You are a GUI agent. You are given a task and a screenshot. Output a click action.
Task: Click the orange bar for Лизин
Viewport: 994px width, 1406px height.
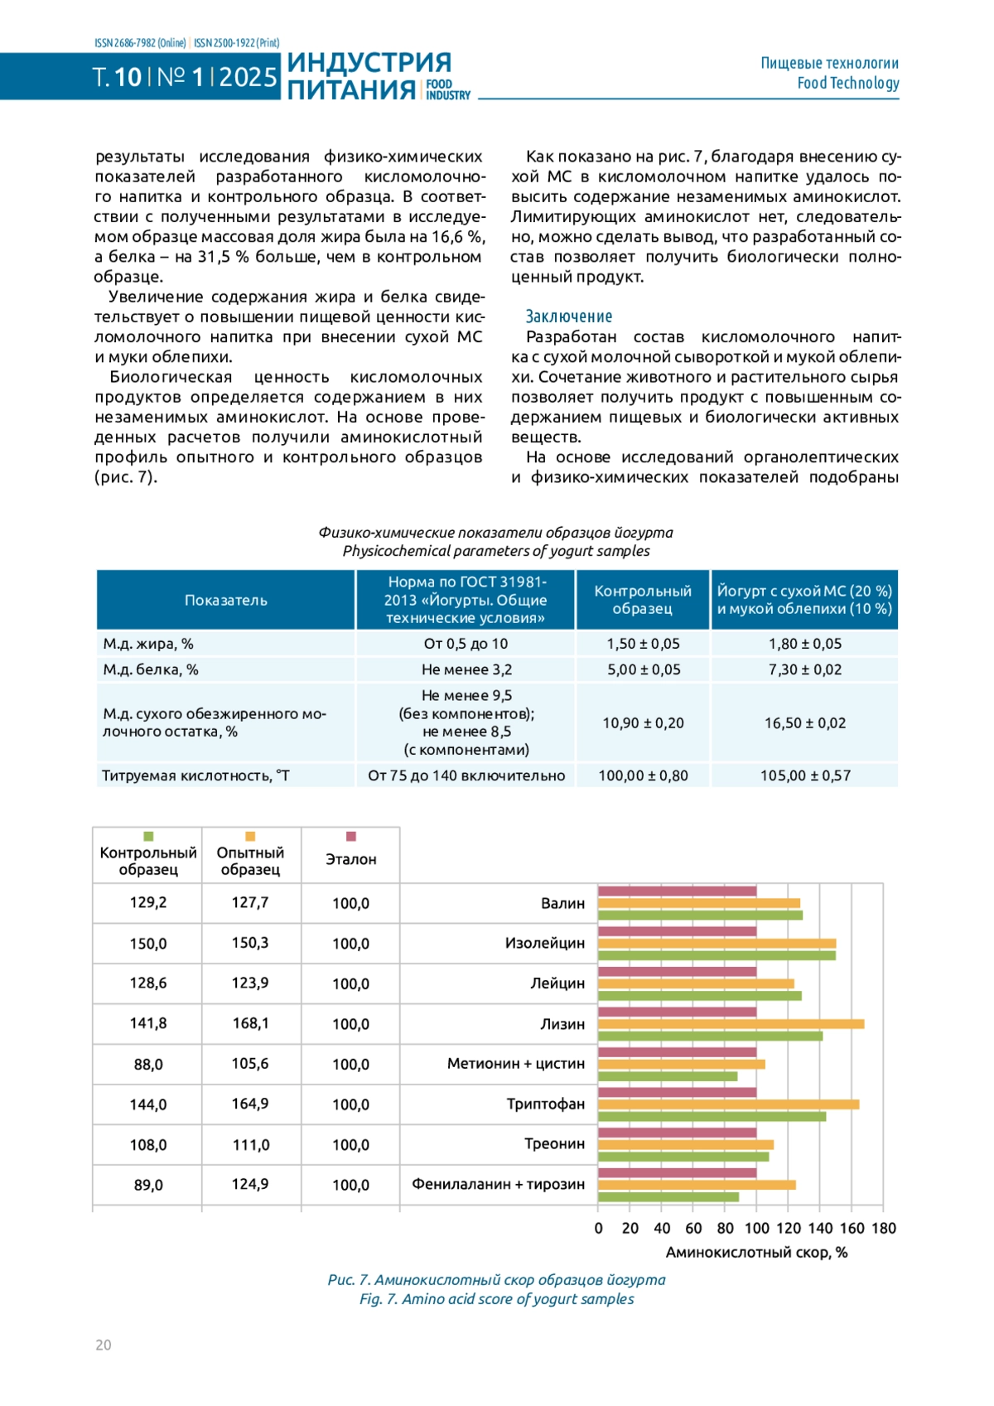731,1024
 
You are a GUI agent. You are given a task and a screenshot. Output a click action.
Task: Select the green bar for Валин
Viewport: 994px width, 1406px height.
700,916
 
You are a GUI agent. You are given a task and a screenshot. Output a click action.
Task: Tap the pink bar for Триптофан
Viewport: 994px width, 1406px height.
677,1092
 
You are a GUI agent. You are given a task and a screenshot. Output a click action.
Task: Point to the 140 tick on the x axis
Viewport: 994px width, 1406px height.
820,1228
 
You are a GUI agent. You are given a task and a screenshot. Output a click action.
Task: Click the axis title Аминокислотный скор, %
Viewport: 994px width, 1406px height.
756,1253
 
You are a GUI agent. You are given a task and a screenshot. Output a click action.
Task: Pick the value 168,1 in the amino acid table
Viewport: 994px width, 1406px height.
250,1023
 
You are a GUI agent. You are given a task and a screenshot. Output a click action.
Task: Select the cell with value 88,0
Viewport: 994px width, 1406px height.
148,1064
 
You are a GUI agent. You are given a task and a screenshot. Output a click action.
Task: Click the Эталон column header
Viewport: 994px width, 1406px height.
350,859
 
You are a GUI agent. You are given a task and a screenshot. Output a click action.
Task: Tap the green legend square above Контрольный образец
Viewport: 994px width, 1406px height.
148,837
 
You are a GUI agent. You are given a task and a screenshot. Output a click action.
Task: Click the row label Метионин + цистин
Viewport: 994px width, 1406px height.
515,1064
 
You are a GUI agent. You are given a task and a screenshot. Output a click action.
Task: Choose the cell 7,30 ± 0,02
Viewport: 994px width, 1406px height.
804,669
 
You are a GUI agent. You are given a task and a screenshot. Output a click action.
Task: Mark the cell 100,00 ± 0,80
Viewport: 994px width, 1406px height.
643,775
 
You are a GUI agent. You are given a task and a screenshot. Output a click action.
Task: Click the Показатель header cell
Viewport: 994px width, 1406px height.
225,600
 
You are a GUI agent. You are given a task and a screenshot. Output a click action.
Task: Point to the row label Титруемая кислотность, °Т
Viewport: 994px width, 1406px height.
195,775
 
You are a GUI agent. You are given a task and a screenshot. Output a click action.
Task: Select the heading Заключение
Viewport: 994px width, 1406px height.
569,316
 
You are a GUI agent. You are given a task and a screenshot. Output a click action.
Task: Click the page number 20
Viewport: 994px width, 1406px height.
103,1345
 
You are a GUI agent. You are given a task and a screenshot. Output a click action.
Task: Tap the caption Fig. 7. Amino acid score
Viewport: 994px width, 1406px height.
496,1299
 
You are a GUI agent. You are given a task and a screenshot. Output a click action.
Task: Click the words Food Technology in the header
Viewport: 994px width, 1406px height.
847,83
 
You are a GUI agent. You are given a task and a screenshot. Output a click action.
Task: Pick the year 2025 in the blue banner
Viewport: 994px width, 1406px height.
248,77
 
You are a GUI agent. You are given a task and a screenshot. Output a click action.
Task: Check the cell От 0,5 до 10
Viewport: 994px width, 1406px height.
466,644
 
